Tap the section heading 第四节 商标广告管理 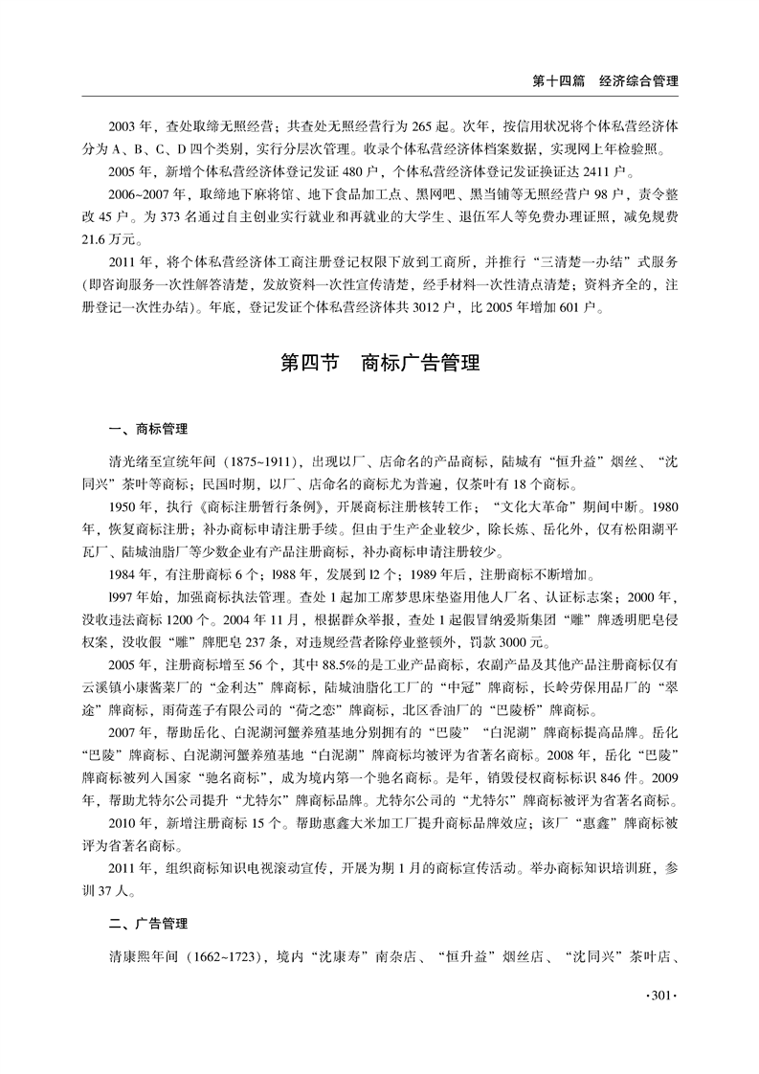[x=378, y=365]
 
